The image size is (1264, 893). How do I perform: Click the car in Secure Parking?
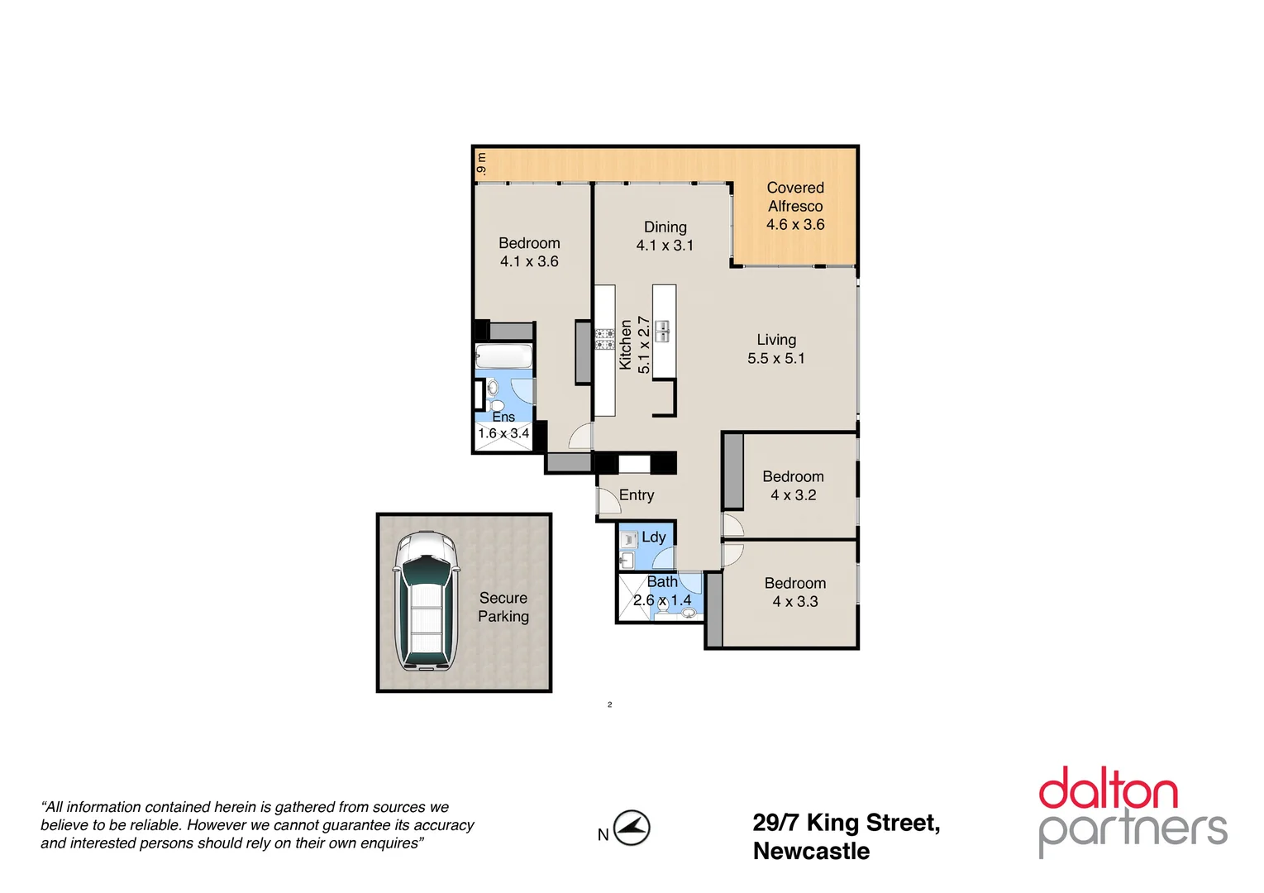[x=426, y=601]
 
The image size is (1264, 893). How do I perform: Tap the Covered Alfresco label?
[x=794, y=198]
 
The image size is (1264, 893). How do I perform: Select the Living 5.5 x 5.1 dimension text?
[x=775, y=358]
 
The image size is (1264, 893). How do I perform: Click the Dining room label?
[x=665, y=227]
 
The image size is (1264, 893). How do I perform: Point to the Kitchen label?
[x=626, y=345]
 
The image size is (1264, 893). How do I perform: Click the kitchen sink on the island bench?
[x=662, y=332]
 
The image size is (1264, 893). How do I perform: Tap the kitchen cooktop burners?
[x=604, y=339]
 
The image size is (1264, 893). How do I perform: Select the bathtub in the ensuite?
[x=503, y=357]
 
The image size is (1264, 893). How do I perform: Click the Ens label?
[x=503, y=417]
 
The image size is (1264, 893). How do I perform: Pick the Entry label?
[x=637, y=494]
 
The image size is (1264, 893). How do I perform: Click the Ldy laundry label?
[x=653, y=537]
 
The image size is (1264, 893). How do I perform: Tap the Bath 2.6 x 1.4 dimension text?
[x=662, y=600]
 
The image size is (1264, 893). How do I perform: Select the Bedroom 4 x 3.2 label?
[x=793, y=485]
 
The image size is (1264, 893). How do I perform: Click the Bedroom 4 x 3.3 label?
[x=794, y=592]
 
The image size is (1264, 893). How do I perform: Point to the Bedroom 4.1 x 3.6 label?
[x=529, y=252]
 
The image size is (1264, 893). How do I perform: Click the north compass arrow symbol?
[x=632, y=828]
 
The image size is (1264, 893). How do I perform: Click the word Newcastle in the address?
[x=811, y=851]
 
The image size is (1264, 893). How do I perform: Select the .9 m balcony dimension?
[x=481, y=164]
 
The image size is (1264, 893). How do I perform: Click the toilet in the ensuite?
[x=495, y=404]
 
